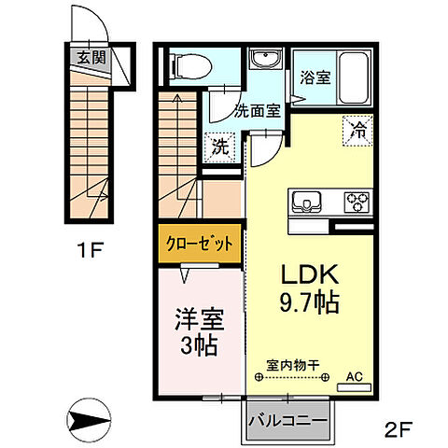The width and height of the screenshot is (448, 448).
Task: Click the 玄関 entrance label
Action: pos(91,56)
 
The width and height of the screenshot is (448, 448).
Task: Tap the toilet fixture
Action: pos(189,65)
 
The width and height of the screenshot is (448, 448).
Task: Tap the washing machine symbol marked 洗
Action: pos(220,147)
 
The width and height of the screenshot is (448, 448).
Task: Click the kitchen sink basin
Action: pos(309,200)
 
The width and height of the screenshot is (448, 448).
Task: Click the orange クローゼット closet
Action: pos(199,242)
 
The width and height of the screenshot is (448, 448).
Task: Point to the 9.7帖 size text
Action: pos(307,302)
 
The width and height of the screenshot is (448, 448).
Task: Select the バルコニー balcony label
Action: pos(288,421)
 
